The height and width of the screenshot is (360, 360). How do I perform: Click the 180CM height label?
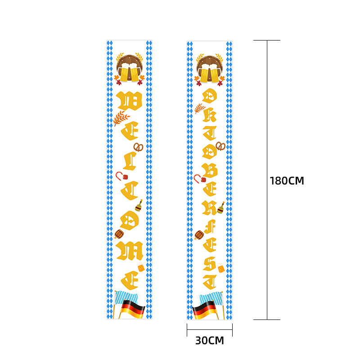tap(287, 181)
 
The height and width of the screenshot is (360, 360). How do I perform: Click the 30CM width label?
tap(209, 341)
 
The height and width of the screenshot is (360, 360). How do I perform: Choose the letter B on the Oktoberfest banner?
tap(210, 171)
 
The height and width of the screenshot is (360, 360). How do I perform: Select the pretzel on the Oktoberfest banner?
tap(220, 146)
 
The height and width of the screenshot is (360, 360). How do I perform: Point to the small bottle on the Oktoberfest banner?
tap(220, 207)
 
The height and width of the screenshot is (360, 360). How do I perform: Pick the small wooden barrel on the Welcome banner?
tap(119, 234)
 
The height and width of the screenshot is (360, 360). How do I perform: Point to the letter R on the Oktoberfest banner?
tap(210, 207)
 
